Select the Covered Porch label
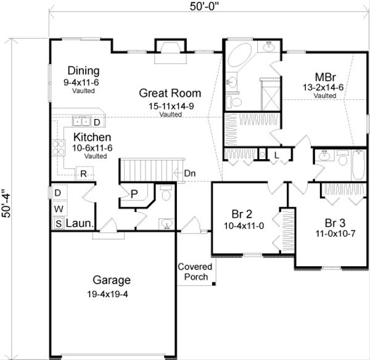195,272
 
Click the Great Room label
170,94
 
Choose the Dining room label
83,70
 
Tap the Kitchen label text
92,137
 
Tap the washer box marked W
57,208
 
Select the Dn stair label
191,173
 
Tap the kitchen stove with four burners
59,147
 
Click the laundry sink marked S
59,223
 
